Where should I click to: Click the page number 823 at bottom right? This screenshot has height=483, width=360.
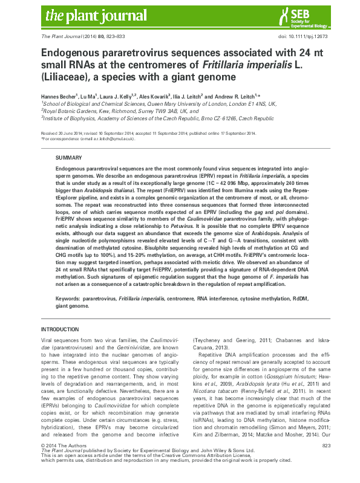[327, 462]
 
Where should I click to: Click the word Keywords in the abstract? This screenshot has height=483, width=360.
[68, 299]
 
